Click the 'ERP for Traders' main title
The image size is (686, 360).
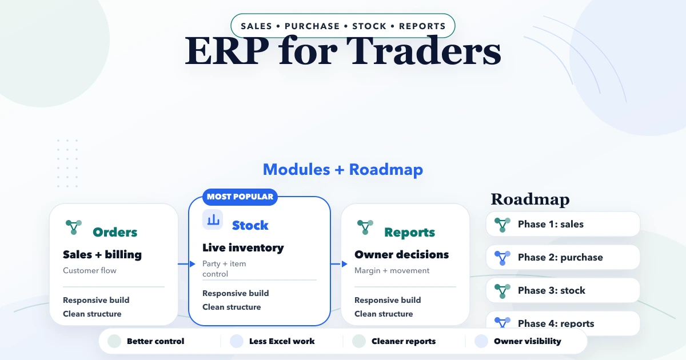pos(343,51)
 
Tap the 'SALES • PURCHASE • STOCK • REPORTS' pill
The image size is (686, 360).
pos(343,26)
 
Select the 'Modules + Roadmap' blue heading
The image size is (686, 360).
pos(343,170)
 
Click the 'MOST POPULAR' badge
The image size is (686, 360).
pos(240,197)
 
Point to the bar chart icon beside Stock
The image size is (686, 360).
pos(213,219)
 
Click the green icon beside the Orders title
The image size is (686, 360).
pos(74,227)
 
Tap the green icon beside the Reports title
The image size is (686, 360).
pos(365,227)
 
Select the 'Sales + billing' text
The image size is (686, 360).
pos(102,255)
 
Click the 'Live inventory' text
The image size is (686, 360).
pos(243,248)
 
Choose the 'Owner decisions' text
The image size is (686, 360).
pos(401,255)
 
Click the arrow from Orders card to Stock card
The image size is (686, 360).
pos(184,264)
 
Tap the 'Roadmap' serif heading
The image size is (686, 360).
pos(530,199)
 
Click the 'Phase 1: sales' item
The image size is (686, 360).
pos(563,224)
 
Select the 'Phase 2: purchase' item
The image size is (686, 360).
pos(563,257)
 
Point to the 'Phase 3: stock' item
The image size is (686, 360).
pos(563,290)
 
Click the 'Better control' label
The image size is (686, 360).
pos(155,341)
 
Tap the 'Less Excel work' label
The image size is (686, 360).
pos(282,341)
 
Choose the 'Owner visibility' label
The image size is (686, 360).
pos(527,341)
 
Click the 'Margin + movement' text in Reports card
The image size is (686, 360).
pos(392,270)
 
